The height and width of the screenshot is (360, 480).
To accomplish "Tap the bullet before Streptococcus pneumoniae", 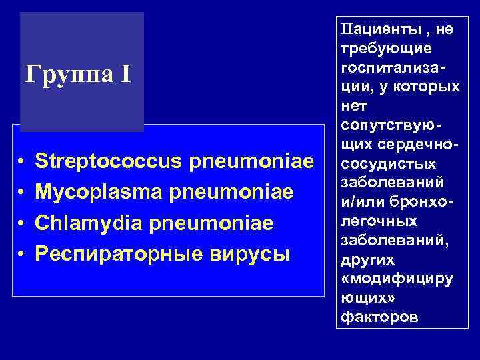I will [x=22, y=162].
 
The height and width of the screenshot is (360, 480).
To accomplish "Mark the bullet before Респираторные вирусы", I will [x=22, y=254].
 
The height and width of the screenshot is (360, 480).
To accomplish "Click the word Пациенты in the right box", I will [x=371, y=29].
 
